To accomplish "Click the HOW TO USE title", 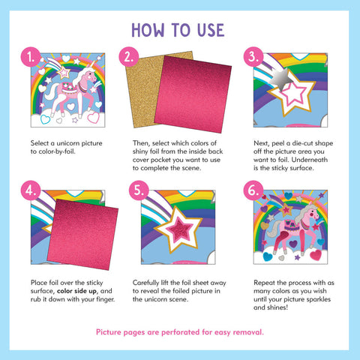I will [x=178, y=30].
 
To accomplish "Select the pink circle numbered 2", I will [x=130, y=57].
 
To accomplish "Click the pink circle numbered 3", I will [x=253, y=57].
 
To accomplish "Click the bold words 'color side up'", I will [x=82, y=289].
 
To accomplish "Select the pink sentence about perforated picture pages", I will [x=179, y=331].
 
